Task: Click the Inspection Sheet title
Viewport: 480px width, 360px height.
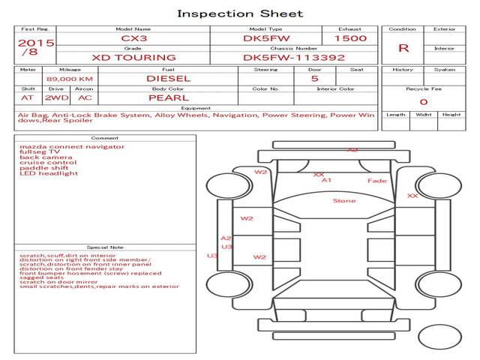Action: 240,13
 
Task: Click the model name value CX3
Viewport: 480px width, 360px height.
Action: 132,37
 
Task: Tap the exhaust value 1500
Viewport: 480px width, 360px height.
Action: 350,37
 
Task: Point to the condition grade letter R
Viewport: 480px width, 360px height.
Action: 403,48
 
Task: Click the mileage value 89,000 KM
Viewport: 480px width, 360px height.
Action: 69,78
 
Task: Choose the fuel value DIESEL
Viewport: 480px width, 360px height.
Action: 168,77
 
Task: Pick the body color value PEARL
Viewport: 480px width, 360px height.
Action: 168,97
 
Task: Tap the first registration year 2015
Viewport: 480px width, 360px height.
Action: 36,43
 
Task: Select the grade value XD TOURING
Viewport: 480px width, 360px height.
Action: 133,57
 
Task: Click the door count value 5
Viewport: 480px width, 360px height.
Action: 314,78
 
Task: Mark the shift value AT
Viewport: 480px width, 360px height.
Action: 28,97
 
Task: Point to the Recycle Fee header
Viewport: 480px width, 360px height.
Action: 423,88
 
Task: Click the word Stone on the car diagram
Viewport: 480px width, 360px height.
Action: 344,201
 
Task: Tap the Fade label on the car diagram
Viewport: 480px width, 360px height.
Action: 376,181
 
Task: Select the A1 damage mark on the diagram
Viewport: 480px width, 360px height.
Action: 326,181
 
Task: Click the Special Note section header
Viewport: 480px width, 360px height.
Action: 104,247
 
